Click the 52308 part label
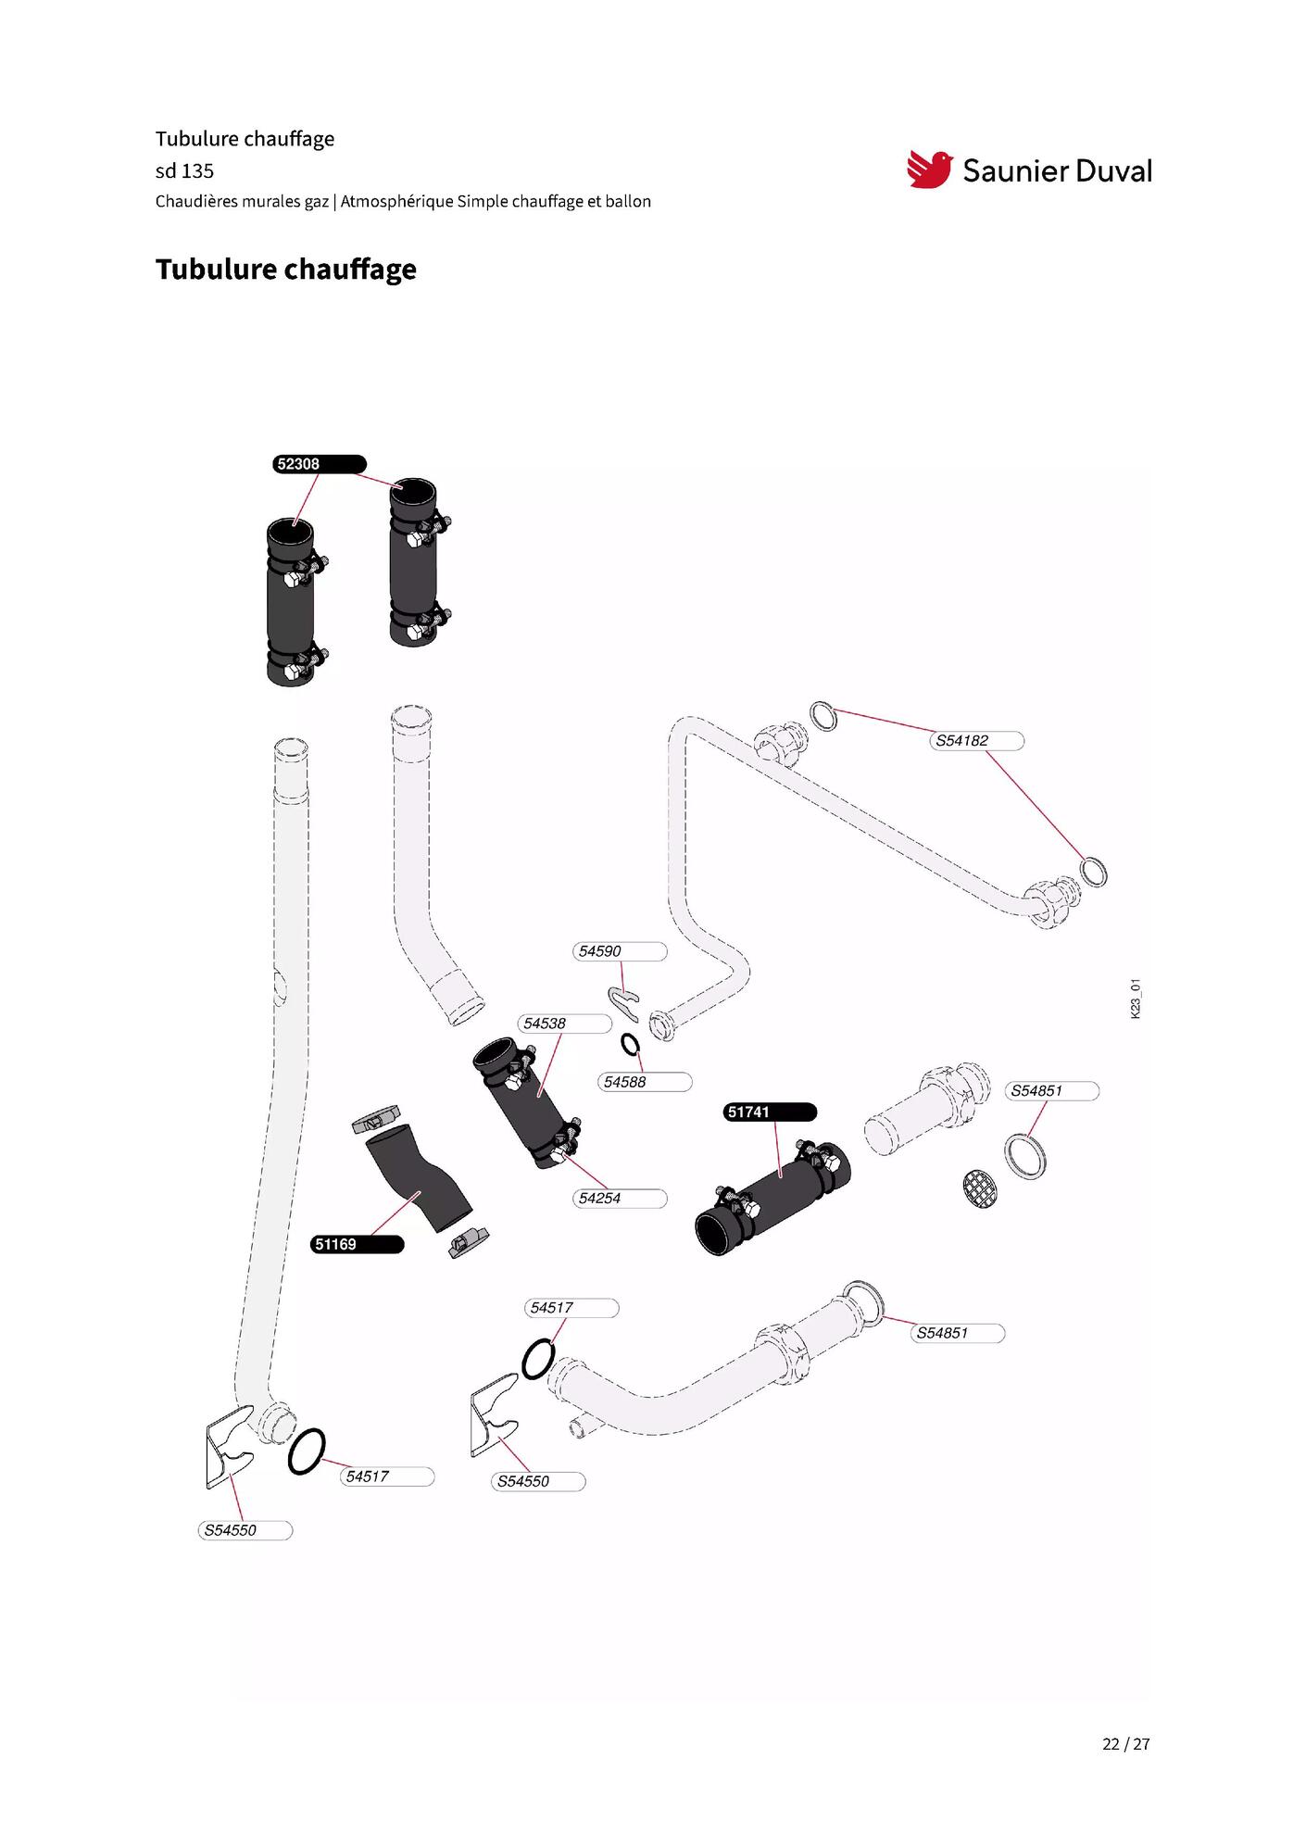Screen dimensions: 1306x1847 (x=320, y=464)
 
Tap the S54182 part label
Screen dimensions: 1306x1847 (x=977, y=741)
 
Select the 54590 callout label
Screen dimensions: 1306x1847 (x=620, y=951)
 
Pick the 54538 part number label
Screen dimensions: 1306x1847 (x=565, y=1024)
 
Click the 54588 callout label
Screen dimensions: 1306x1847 (x=645, y=1082)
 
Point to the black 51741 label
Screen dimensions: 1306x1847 (x=770, y=1112)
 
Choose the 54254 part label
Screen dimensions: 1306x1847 (x=620, y=1199)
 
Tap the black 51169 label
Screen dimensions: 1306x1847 (x=358, y=1244)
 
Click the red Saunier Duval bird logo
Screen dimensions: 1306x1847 (x=929, y=170)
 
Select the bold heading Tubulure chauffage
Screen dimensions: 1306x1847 (x=286, y=270)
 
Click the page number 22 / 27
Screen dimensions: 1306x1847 (x=1125, y=1744)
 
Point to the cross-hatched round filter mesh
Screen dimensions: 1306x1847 (x=980, y=1189)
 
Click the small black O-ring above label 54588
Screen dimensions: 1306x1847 (x=630, y=1045)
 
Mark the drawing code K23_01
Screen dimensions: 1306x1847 (x=1136, y=999)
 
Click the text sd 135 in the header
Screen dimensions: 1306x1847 (x=184, y=171)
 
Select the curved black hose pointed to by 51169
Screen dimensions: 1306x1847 (x=419, y=1178)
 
